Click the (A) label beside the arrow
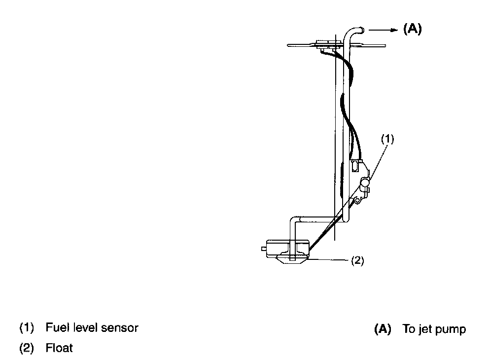point(412,29)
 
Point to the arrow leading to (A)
point(384,30)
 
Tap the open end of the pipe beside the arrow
point(362,30)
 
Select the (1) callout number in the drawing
point(387,139)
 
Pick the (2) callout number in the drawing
point(357,260)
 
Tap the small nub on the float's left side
point(264,249)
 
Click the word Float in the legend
point(59,348)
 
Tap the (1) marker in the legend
point(27,327)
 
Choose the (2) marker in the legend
point(27,348)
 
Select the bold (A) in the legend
point(383,329)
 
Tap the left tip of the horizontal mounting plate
point(287,45)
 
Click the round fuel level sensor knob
point(365,181)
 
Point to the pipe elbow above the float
point(294,220)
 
